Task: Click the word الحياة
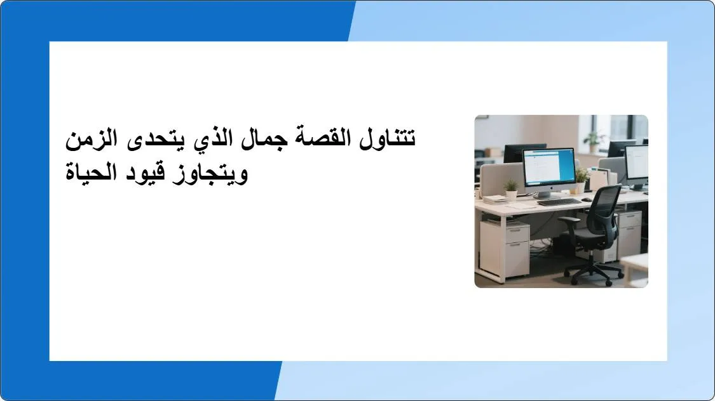96,171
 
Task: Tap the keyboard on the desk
559,202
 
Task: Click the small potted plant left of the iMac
511,190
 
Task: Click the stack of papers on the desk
495,199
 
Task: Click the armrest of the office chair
570,220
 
